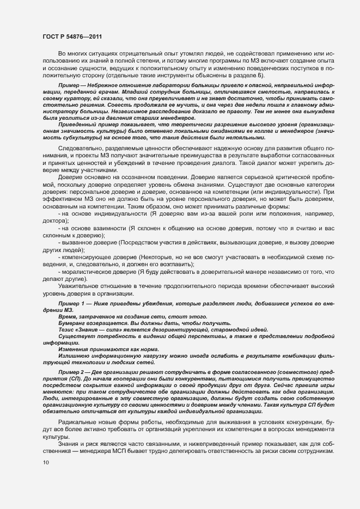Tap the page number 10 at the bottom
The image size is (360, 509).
click(45, 462)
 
